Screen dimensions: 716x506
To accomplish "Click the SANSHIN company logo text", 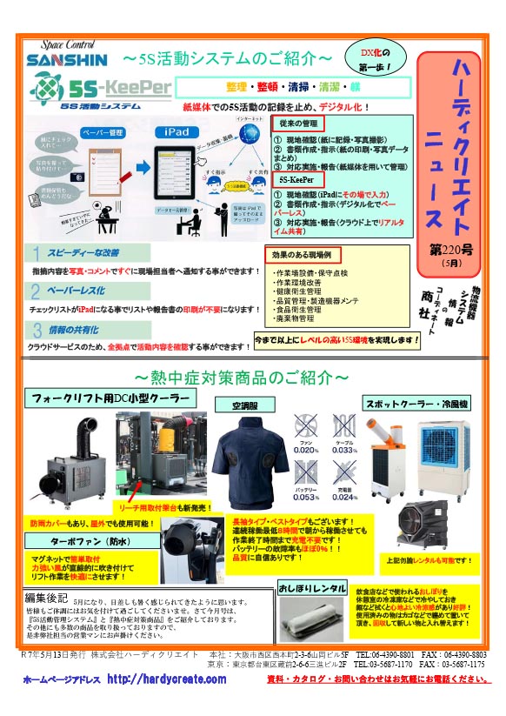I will coord(66,60).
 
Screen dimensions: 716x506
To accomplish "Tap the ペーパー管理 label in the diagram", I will coord(90,131).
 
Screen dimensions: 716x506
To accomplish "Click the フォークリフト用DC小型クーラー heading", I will coord(106,399).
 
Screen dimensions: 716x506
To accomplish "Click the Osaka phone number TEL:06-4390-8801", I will coord(393,653).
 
